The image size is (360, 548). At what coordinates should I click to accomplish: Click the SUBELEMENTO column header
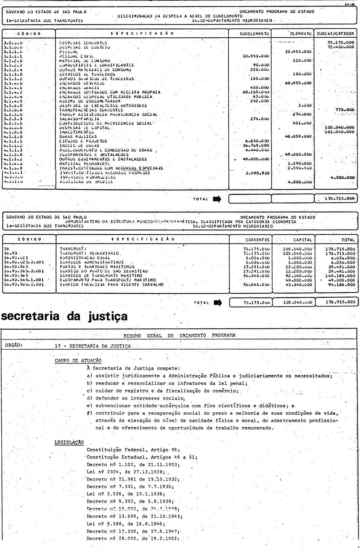click(x=254, y=34)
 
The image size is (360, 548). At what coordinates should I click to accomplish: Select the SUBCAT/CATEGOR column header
click(x=336, y=34)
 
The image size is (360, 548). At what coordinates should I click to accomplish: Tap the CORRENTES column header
click(x=259, y=239)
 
